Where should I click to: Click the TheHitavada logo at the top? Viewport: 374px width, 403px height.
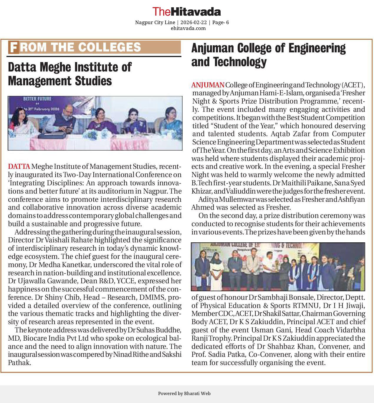click(x=187, y=12)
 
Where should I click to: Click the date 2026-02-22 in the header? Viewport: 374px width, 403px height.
click(x=193, y=23)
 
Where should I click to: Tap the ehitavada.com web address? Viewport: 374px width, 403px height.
click(x=188, y=28)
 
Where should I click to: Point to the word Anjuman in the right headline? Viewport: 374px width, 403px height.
click(x=212, y=48)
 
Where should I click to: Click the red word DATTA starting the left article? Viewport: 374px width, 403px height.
click(x=19, y=166)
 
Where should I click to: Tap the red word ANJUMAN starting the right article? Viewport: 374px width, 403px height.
click(x=208, y=85)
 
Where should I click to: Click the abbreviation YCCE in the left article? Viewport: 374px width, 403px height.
click(x=126, y=281)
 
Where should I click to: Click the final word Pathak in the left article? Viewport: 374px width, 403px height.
click(x=19, y=363)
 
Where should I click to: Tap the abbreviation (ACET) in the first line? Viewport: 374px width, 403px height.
click(x=353, y=85)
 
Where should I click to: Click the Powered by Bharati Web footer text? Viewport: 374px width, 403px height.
click(x=184, y=394)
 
